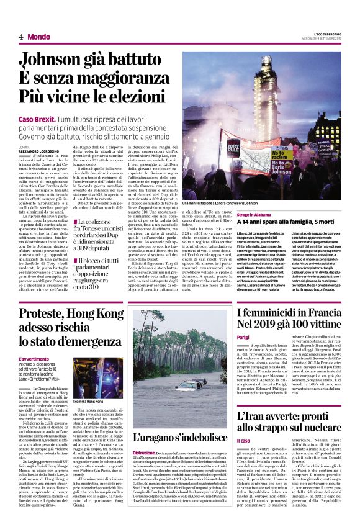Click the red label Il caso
tap(243, 441)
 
